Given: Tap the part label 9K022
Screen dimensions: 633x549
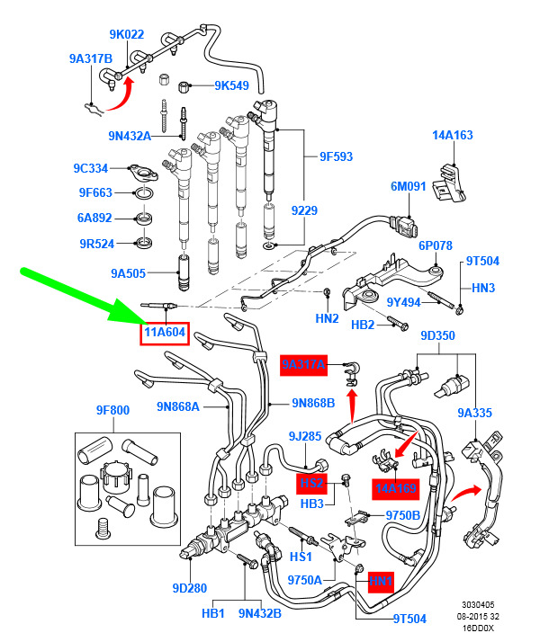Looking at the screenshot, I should pos(127,35).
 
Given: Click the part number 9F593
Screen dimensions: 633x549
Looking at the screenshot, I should pos(336,156).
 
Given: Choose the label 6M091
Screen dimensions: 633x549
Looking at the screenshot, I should pos(408,187).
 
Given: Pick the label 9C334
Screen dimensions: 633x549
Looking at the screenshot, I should pos(91,168).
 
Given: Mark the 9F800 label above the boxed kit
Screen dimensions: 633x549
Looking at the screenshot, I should pos(112,411).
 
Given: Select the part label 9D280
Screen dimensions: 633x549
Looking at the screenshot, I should pos(190,589).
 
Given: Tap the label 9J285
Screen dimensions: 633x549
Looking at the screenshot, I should pos(305,437).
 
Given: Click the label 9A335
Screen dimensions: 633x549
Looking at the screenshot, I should pos(475,414).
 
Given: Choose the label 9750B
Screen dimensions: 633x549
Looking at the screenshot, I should pos(403,515).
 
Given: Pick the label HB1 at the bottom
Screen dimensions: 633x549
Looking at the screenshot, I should pos(213,614).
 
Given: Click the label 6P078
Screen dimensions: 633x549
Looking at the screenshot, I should pos(436,245).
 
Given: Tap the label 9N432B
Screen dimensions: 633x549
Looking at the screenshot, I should pos(259,614).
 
